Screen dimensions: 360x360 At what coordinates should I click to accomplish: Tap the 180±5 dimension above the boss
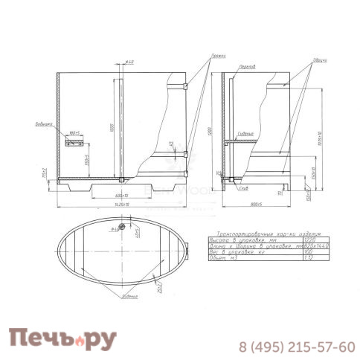74,132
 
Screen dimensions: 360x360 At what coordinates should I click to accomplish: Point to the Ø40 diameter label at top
129,62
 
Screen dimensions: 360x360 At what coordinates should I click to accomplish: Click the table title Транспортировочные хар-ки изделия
257,234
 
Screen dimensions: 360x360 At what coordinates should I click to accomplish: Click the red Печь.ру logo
62,339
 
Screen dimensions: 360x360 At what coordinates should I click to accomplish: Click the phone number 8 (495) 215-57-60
296,347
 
